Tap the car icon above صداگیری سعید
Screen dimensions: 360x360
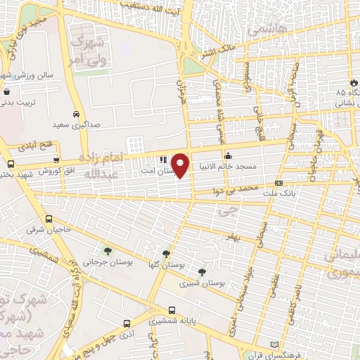click(75, 113)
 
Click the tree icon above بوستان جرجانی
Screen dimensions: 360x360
click(107, 250)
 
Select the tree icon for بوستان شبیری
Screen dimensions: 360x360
click(202, 271)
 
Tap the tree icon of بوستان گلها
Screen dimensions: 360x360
click(166, 255)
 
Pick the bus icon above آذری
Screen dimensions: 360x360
click(126, 324)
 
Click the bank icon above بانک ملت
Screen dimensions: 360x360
click(279, 183)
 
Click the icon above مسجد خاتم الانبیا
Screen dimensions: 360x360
click(227, 156)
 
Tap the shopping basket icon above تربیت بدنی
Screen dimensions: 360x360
click(6, 91)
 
